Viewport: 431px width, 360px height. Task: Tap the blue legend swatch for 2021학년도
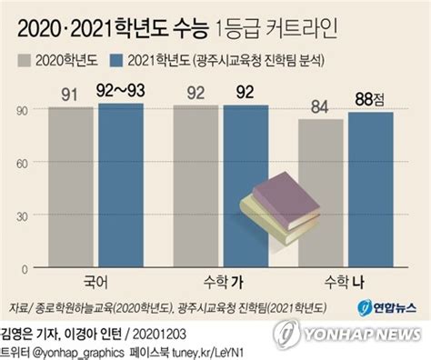118,61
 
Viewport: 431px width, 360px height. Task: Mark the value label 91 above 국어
70,92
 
